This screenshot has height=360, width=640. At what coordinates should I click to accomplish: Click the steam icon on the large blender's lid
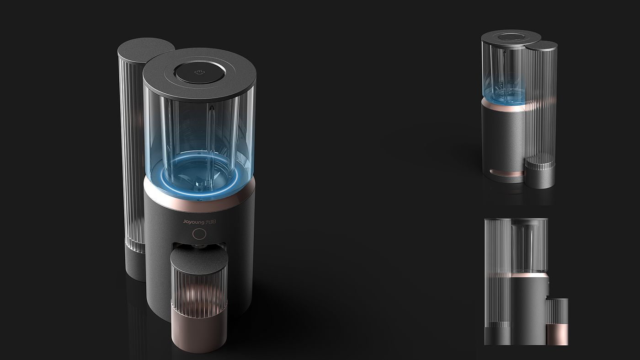(x=199, y=73)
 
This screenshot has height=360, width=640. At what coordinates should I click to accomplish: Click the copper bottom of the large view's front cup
(x=199, y=329)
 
